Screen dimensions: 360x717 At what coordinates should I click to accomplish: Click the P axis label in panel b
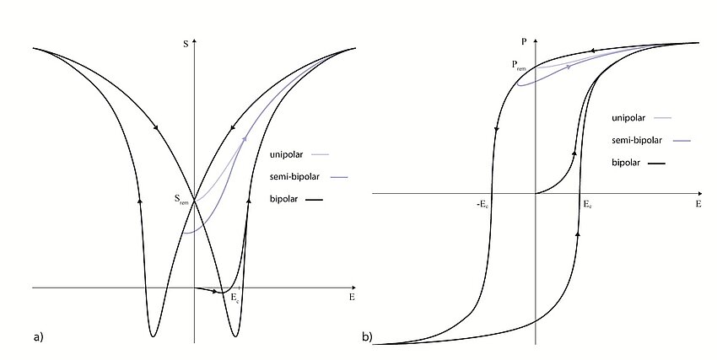point(525,39)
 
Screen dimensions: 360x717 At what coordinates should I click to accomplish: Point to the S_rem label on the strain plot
point(181,200)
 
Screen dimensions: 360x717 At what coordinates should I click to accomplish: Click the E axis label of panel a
point(351,298)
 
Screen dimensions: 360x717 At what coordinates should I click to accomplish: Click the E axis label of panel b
point(698,204)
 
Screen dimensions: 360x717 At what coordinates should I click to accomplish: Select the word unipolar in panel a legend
point(286,154)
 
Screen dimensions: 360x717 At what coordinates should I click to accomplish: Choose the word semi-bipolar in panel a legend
point(293,176)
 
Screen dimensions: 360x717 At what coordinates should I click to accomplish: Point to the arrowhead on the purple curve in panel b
point(569,66)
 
